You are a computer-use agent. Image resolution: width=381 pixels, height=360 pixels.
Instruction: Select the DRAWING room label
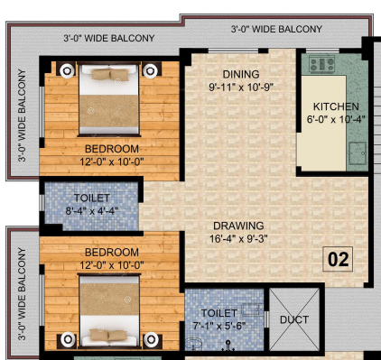[x=238, y=226]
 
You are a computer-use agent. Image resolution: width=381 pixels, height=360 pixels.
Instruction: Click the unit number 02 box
[x=339, y=260]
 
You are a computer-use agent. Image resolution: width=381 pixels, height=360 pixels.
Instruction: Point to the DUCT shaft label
[x=294, y=319]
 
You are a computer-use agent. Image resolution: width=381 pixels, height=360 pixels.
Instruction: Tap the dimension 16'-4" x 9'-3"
[x=238, y=238]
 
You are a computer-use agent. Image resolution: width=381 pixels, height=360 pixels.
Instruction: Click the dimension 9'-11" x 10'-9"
[x=241, y=88]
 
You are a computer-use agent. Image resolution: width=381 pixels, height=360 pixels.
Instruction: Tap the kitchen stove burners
[x=321, y=64]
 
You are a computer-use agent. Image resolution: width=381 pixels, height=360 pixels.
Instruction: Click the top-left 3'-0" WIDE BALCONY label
[x=108, y=39]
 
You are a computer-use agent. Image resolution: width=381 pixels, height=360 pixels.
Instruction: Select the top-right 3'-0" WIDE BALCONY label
[x=276, y=29]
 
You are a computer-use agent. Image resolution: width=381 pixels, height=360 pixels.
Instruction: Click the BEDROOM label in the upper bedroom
[x=112, y=149]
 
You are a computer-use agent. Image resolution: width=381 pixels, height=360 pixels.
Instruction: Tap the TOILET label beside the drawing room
[x=91, y=198]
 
